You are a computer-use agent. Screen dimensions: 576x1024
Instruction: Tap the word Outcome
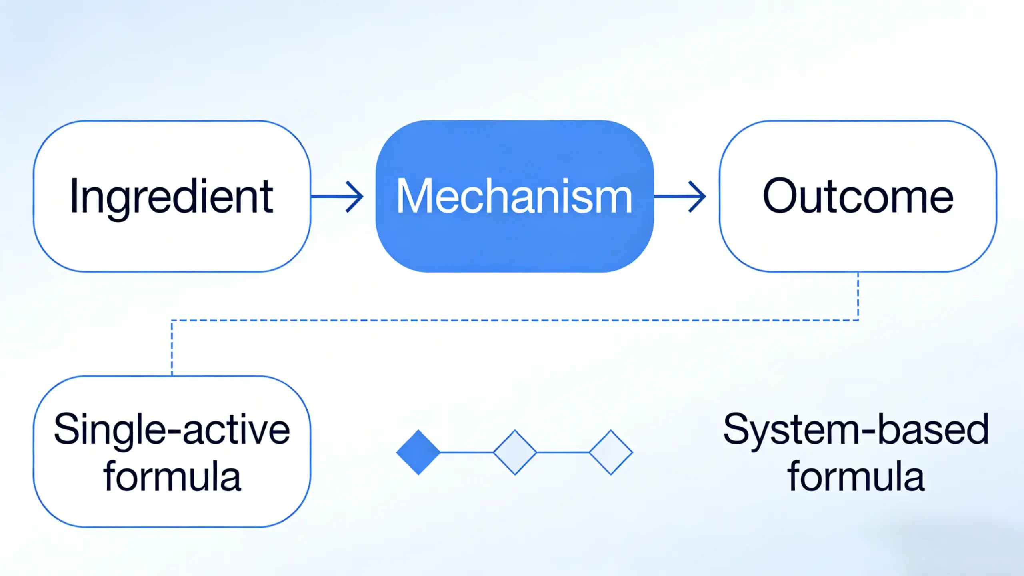858,196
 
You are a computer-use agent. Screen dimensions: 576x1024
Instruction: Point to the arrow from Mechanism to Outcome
680,197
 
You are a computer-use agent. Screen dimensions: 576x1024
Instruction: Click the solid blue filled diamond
418,452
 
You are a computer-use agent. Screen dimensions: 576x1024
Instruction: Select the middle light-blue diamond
515,452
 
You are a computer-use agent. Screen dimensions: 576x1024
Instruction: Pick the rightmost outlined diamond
611,452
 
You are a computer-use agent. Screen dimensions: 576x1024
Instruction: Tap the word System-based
856,429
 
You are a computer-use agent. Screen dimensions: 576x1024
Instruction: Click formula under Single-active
172,476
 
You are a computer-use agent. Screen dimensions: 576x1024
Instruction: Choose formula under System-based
856,476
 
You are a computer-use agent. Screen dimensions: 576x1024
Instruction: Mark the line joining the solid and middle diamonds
467,452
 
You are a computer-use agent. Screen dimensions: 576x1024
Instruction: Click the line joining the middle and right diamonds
563,452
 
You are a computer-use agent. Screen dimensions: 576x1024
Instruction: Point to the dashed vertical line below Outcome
858,296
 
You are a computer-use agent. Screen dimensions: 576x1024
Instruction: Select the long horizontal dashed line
515,320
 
